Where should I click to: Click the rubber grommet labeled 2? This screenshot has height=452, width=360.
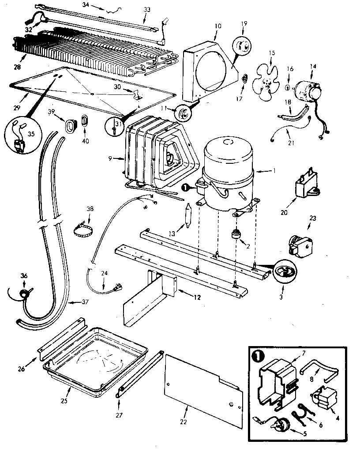coord(237,234)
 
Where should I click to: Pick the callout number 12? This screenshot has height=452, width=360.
coord(196,298)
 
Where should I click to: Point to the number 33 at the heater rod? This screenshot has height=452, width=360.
coord(146,9)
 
